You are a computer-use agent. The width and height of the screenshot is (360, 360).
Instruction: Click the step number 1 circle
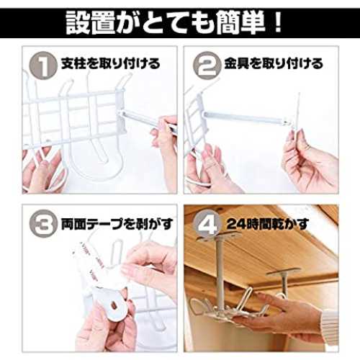[43, 65]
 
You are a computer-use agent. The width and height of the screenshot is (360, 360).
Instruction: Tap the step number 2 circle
[207, 65]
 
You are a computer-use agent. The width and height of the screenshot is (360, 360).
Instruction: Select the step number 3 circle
[43, 223]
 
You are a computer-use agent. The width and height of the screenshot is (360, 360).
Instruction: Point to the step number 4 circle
[207, 223]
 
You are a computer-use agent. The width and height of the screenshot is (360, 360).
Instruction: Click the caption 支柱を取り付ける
[111, 64]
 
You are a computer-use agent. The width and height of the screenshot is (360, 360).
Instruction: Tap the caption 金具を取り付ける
[274, 64]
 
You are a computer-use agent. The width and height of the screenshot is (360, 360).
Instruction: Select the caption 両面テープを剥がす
[117, 224]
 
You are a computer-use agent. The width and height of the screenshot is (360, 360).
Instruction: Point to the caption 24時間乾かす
[267, 224]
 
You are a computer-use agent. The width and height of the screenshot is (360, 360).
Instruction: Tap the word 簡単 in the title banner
[240, 23]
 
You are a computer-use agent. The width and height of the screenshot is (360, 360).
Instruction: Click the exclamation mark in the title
[278, 23]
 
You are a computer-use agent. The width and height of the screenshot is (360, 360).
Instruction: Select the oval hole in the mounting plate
[114, 305]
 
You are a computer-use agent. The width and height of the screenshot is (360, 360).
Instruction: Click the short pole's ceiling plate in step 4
[284, 271]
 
